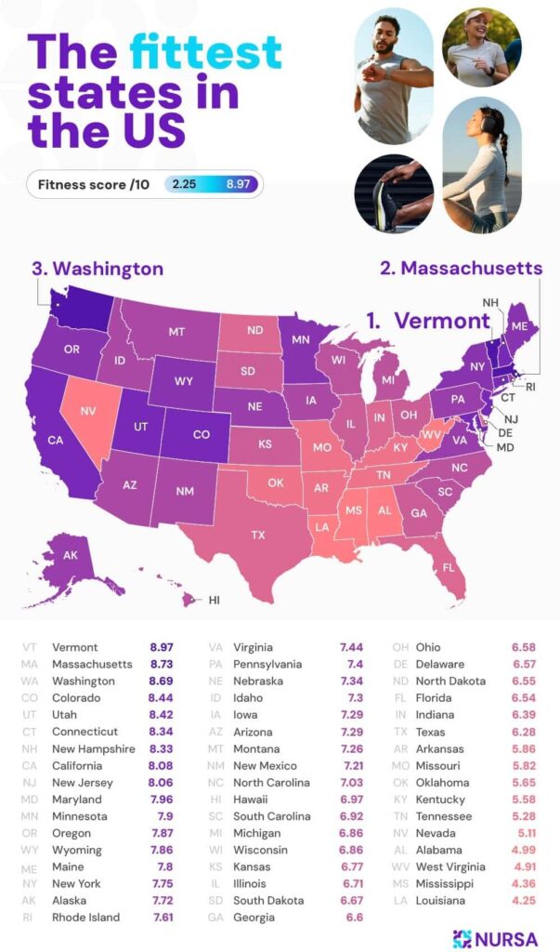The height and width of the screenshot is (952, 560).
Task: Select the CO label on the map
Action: pyautogui.click(x=200, y=433)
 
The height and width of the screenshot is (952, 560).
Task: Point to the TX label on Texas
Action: pyautogui.click(x=258, y=535)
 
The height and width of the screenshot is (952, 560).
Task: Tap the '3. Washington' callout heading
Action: pyautogui.click(x=98, y=269)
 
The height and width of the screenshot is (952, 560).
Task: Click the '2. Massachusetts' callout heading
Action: pyautogui.click(x=461, y=268)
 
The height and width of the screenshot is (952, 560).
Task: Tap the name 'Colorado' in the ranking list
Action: pyautogui.click(x=77, y=698)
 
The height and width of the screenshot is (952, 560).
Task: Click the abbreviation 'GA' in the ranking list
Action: pyautogui.click(x=215, y=918)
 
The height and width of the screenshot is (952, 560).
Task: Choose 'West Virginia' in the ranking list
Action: pyautogui.click(x=453, y=866)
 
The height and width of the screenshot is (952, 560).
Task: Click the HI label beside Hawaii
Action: pyautogui.click(x=214, y=600)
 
